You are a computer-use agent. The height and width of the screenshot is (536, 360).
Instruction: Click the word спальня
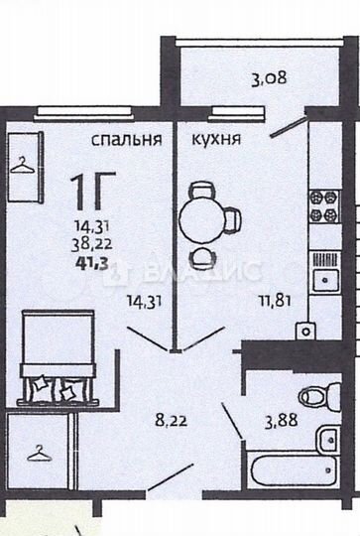(x=126, y=140)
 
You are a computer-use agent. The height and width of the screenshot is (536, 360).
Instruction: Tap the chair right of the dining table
(x=231, y=216)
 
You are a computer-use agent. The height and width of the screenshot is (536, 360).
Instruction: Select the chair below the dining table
(x=201, y=256)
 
